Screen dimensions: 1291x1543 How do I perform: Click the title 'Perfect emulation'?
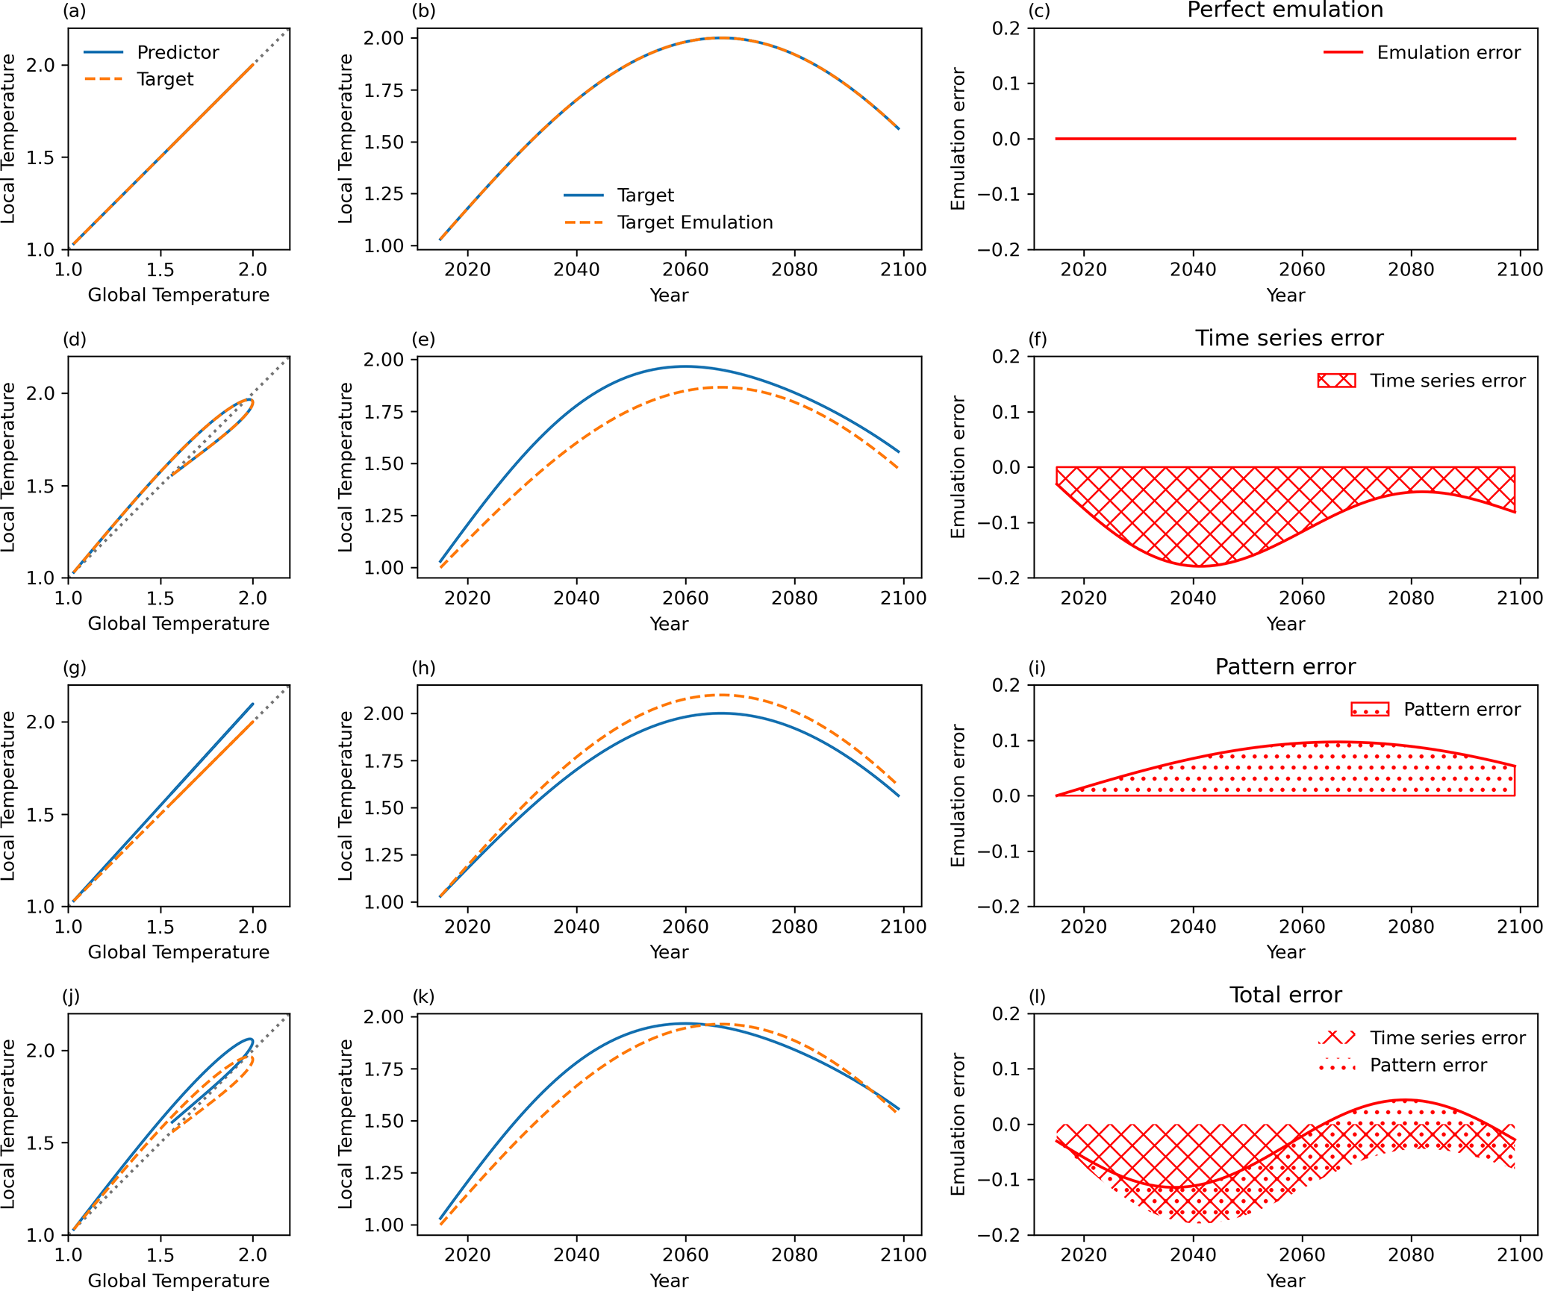1285,10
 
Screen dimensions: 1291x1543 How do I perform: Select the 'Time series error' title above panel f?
1289,339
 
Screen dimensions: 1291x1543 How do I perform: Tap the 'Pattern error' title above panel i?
1285,667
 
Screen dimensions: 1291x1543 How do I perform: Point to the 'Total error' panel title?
1285,995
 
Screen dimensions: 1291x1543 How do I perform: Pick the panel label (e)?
423,340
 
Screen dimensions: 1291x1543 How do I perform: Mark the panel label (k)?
423,997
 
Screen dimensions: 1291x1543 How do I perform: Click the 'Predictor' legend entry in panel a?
178,52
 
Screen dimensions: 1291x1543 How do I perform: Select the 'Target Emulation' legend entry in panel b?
695,222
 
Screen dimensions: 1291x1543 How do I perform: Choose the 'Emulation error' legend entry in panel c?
1448,52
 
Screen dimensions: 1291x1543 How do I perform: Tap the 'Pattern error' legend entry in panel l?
1428,1066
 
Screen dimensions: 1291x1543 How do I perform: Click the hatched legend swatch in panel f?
1336,381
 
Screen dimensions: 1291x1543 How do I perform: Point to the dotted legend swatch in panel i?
1370,709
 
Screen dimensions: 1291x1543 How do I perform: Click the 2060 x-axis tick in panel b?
685,269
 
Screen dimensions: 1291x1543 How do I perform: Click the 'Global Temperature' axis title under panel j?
178,1281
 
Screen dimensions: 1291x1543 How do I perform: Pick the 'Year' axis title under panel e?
669,624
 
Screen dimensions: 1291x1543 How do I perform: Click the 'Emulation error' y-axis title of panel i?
958,795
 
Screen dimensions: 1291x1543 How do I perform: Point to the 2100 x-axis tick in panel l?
1520,1255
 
